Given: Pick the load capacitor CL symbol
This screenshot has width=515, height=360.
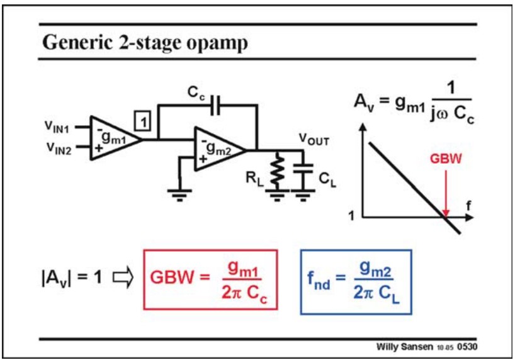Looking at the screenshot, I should coord(304,171).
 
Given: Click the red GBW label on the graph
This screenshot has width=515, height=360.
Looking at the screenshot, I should coord(445,159).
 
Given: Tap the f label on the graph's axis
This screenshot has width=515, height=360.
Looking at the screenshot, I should coord(468,206).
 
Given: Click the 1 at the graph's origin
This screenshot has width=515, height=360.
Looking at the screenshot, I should coord(351,216).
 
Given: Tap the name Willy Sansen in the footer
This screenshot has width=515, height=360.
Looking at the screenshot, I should coord(403,347).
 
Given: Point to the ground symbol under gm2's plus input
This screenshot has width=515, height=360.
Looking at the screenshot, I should coord(179,193).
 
